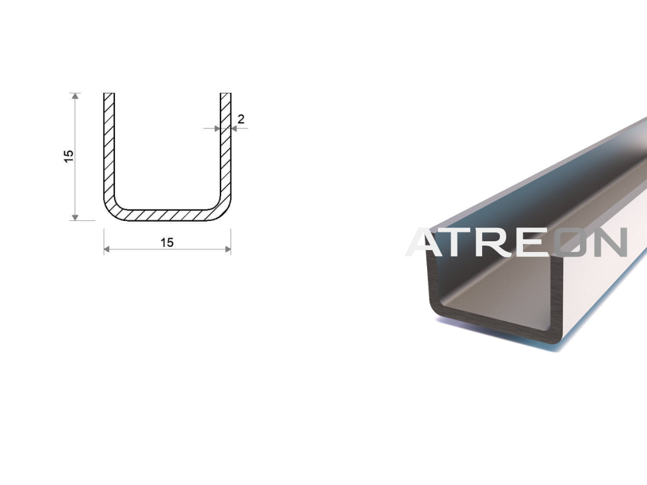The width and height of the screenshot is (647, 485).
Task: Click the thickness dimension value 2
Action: point(241,119)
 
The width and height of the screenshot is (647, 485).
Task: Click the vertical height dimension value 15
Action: point(68,156)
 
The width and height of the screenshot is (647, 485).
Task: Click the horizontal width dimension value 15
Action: point(167,242)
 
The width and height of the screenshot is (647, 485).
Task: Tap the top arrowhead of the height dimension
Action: point(75,96)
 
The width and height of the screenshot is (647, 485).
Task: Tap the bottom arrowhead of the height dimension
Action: point(75,217)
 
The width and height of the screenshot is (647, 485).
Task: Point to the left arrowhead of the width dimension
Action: point(106,249)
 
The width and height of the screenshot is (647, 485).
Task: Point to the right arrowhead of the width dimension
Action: point(227,249)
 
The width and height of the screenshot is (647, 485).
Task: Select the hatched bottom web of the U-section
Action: point(167,215)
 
